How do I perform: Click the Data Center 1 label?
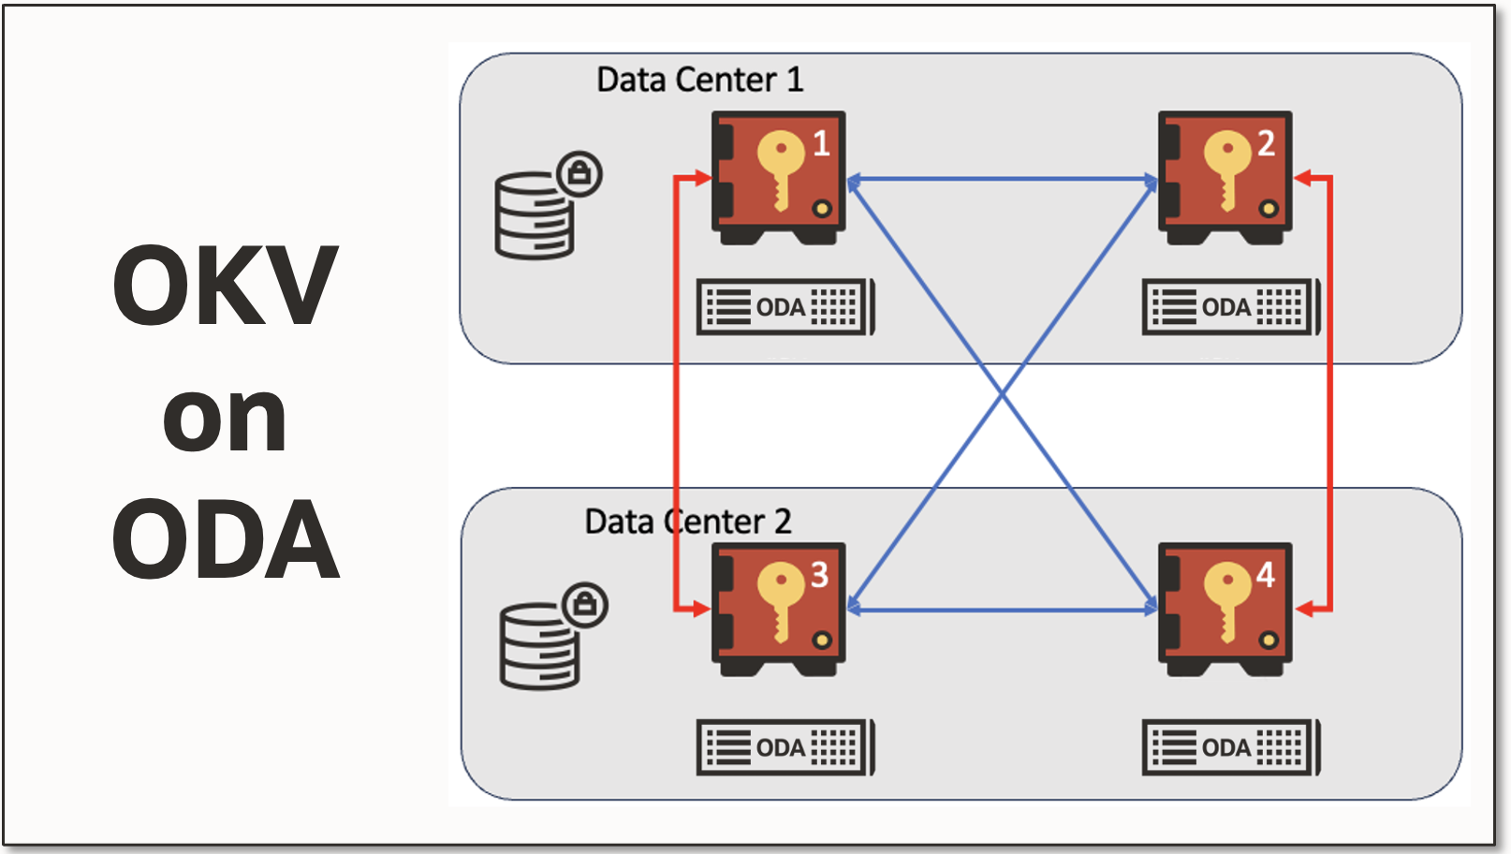pyautogui.click(x=699, y=80)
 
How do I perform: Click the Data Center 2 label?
pyautogui.click(x=688, y=522)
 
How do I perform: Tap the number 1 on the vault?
pyautogui.click(x=821, y=143)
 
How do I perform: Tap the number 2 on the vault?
pyautogui.click(x=1266, y=143)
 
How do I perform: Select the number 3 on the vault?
pyautogui.click(x=819, y=574)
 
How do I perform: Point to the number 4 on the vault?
pyautogui.click(x=1265, y=574)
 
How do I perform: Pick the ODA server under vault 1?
pyautogui.click(x=785, y=307)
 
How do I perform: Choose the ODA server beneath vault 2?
pyautogui.click(x=1230, y=307)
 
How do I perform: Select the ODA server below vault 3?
pyautogui.click(x=785, y=747)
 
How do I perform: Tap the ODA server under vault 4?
pyautogui.click(x=1230, y=747)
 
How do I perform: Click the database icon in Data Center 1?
pyautogui.click(x=534, y=215)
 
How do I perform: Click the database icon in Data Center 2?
pyautogui.click(x=539, y=646)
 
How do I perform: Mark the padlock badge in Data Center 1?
pyautogui.click(x=579, y=173)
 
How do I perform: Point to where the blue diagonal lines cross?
pyautogui.click(x=1003, y=394)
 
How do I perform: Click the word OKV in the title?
pyautogui.click(x=225, y=286)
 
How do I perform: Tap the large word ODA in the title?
pyautogui.click(x=225, y=540)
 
